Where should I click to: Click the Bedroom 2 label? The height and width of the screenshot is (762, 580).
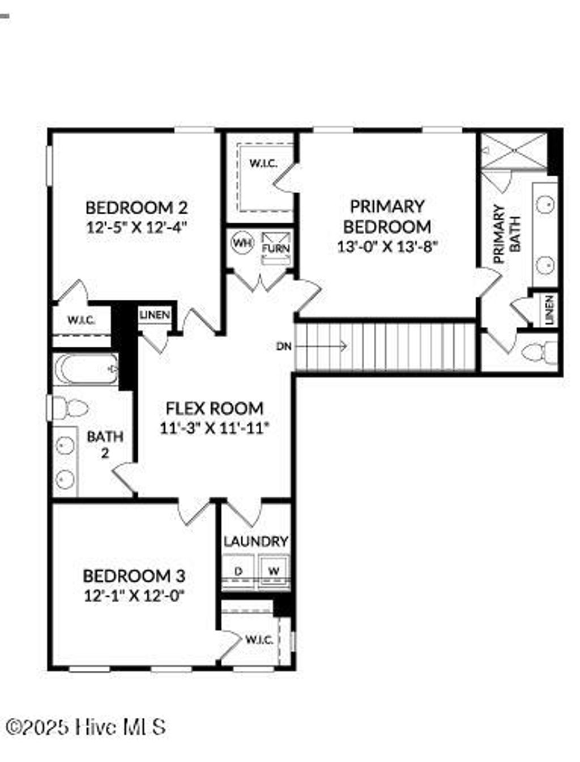tap(136, 207)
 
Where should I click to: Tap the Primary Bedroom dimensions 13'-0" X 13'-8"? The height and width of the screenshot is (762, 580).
tap(387, 246)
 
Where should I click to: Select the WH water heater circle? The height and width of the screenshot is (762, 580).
tap(242, 243)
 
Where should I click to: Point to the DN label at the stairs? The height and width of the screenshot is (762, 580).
tap(284, 346)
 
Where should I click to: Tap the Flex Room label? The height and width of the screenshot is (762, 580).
tap(214, 408)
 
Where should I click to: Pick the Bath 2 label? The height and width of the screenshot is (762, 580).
tap(105, 444)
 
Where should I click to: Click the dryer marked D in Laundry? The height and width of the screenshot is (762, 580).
tap(238, 571)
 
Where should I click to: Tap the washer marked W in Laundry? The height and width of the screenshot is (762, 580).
tap(274, 571)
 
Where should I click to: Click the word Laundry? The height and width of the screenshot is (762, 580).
tap(255, 542)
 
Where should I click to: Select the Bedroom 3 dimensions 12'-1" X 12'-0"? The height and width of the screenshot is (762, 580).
tap(134, 596)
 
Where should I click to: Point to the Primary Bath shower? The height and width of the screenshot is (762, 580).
tap(515, 150)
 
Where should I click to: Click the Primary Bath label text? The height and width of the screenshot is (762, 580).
tap(507, 233)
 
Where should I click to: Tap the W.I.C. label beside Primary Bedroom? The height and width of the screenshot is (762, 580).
tap(263, 164)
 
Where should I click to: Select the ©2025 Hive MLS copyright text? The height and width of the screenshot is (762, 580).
tap(86, 727)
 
